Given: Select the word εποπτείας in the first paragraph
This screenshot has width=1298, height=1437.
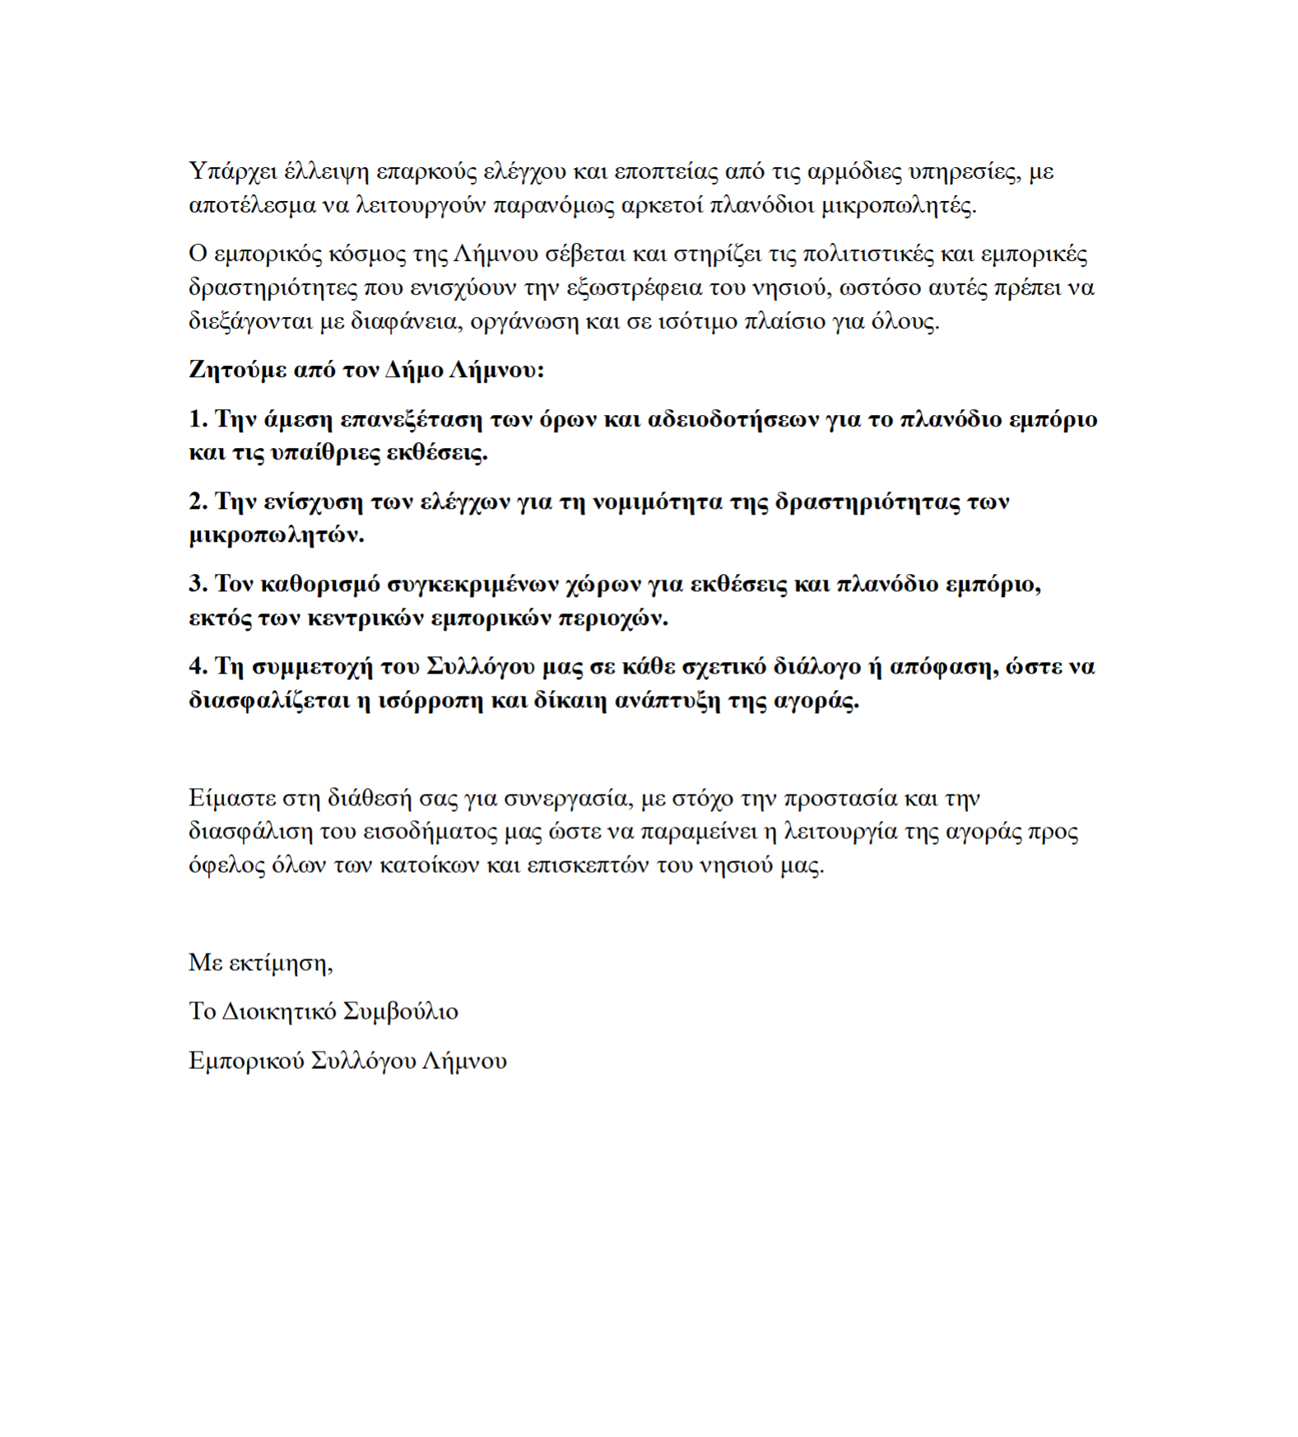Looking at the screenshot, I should click(x=660, y=172).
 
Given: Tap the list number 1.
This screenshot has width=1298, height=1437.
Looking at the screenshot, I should click(x=196, y=419).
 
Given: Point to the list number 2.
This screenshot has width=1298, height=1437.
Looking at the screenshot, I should click(x=196, y=502).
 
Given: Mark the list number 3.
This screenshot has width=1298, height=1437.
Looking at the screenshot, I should click(x=196, y=584).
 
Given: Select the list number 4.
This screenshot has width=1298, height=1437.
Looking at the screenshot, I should click(x=196, y=666).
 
